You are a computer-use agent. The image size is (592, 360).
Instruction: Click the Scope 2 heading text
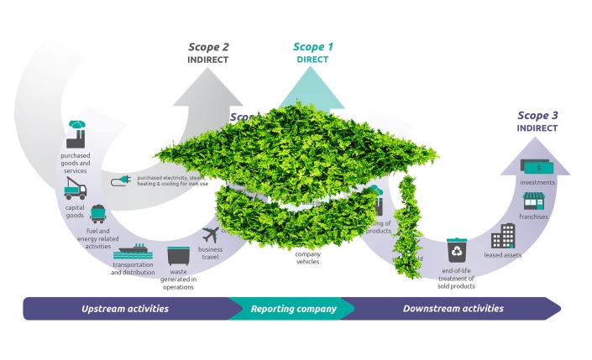pos(208,47)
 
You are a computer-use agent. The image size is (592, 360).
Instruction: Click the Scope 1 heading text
pos(313,48)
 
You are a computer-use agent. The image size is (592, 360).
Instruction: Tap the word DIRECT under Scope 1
pos(312,60)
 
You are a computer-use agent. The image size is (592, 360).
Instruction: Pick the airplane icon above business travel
pos(210,234)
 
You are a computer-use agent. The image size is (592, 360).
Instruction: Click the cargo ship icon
pos(134,253)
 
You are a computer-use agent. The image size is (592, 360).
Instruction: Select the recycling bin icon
pos(457,249)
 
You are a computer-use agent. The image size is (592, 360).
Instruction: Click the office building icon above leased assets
pos(503,236)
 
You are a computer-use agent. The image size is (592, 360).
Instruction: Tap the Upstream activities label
pos(125,309)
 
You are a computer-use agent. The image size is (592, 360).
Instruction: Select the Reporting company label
pos(294,309)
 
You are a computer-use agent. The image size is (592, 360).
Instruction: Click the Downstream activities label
pos(453,309)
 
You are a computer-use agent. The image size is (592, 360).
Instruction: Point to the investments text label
pos(537,182)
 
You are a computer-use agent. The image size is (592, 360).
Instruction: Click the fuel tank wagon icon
pos(97,215)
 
